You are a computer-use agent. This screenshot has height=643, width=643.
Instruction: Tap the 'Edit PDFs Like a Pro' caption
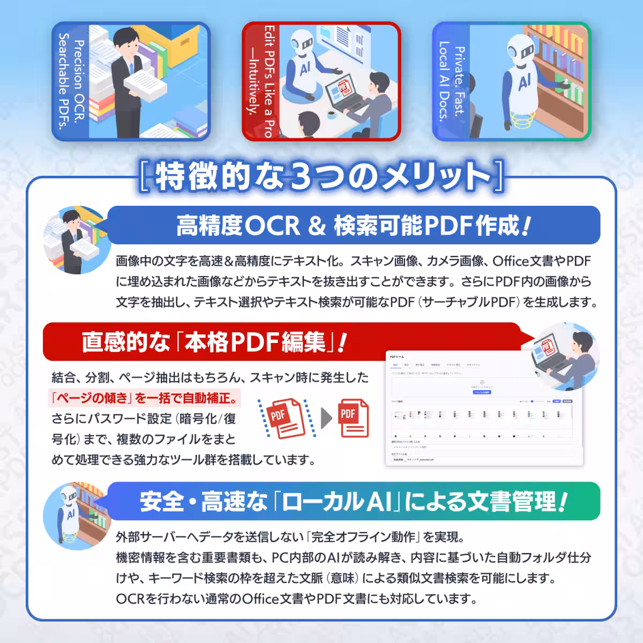(261, 81)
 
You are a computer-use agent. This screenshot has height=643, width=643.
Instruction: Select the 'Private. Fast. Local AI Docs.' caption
(452, 81)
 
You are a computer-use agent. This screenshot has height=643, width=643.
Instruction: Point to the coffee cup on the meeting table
(331, 114)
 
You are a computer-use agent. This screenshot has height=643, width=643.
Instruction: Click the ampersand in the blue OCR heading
(317, 226)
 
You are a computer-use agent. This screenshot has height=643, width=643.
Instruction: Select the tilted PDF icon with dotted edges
(284, 417)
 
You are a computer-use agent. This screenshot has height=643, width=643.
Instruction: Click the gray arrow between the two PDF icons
(326, 418)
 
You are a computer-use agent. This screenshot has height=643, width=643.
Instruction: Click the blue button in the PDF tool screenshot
(482, 392)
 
